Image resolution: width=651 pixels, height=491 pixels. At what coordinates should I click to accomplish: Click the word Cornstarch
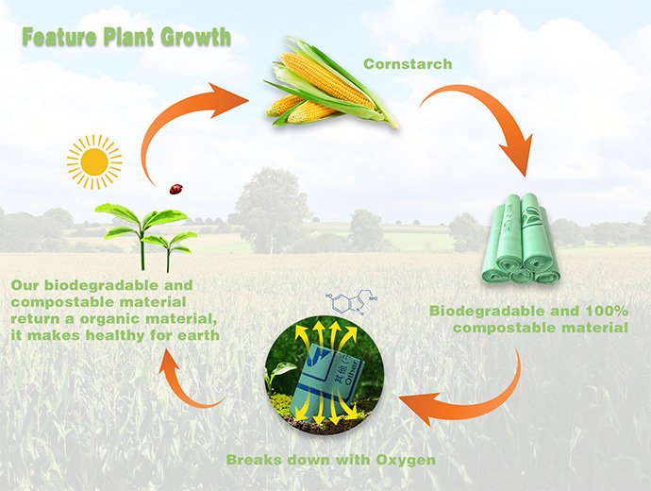point(408,64)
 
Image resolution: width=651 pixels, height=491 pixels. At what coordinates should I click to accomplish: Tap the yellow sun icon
point(94,161)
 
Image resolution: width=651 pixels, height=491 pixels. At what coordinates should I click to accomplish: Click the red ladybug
point(175,189)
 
